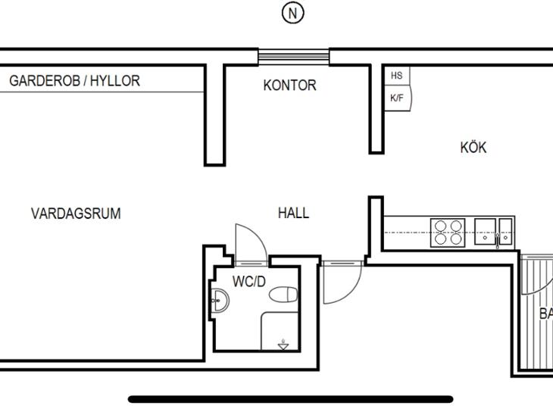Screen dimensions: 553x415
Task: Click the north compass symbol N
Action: (292, 14)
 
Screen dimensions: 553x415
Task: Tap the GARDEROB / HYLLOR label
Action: (74, 81)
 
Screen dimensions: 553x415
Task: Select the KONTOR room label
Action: (289, 86)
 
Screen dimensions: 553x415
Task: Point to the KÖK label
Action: (473, 147)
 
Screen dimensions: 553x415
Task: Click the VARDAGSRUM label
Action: (76, 214)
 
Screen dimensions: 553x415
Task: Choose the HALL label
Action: (293, 213)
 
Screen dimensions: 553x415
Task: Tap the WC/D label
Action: (249, 282)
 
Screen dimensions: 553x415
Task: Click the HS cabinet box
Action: (397, 76)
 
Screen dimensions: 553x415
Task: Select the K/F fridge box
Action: (398, 98)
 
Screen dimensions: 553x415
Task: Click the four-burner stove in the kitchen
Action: (448, 232)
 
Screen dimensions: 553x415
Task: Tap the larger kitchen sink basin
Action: (485, 231)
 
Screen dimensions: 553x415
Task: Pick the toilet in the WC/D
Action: (283, 295)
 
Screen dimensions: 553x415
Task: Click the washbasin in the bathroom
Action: (220, 300)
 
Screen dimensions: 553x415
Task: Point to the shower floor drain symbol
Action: (283, 345)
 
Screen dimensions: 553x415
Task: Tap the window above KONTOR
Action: (293, 57)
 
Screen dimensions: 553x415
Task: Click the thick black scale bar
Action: (290, 399)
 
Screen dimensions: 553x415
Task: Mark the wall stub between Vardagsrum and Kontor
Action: (215, 115)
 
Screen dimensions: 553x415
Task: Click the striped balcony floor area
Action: (537, 313)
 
